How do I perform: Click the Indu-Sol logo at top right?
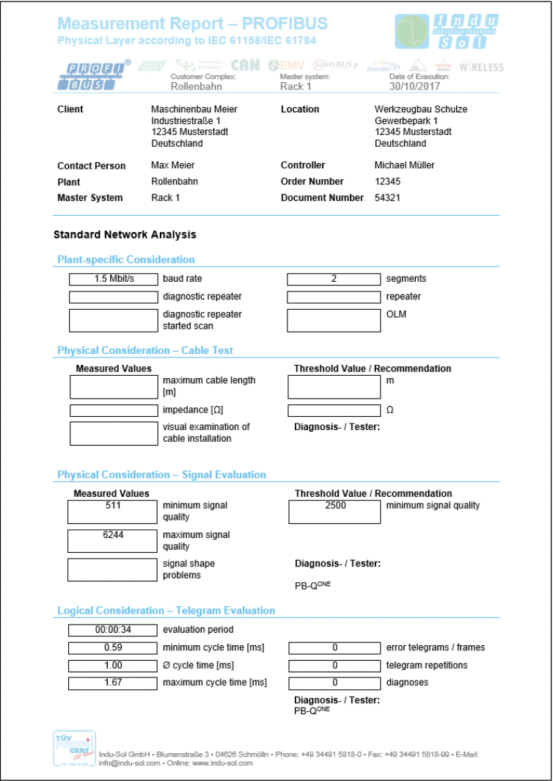pyautogui.click(x=445, y=33)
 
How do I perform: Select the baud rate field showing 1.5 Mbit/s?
pyautogui.click(x=113, y=279)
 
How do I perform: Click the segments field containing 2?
pyautogui.click(x=333, y=279)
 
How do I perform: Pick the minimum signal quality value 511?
pyautogui.click(x=113, y=506)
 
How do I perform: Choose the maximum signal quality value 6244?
pyautogui.click(x=113, y=535)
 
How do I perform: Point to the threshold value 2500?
pyautogui.click(x=334, y=506)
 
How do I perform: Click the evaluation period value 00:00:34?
pyautogui.click(x=113, y=630)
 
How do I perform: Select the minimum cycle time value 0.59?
pyautogui.click(x=113, y=647)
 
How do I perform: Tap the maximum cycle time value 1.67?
pyautogui.click(x=113, y=683)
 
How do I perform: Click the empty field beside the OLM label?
pyautogui.click(x=333, y=320)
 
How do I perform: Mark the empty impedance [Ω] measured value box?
pyautogui.click(x=113, y=410)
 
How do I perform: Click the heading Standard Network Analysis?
pyautogui.click(x=125, y=235)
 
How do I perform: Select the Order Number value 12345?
pyautogui.click(x=388, y=181)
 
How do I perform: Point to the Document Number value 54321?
pyautogui.click(x=388, y=197)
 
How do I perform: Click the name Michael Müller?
pyautogui.click(x=404, y=165)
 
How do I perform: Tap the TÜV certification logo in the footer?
pyautogui.click(x=74, y=749)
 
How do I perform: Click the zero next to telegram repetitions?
pyautogui.click(x=334, y=665)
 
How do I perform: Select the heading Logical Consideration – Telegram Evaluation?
pyautogui.click(x=166, y=611)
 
